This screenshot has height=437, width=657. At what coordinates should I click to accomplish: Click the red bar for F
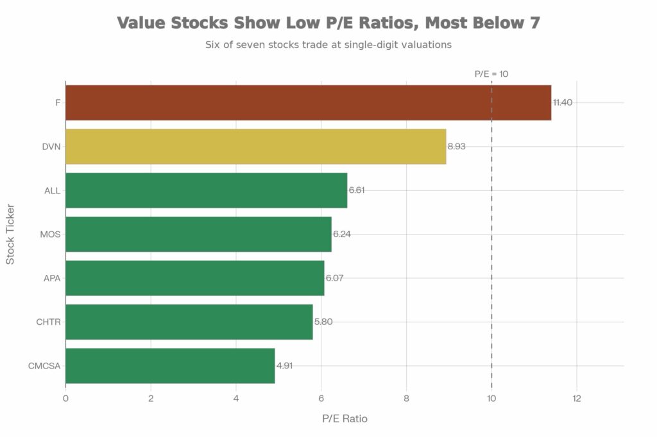point(308,103)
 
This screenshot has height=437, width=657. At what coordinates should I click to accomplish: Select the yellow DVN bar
point(255,146)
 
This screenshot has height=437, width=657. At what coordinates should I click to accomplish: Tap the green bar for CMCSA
point(170,366)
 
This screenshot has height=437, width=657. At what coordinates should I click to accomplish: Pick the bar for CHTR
point(189,322)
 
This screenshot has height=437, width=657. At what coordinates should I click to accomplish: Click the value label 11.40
point(563,103)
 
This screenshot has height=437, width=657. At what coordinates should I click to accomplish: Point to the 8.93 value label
point(457,146)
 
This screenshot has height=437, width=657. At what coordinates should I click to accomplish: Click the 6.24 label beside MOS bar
point(342,234)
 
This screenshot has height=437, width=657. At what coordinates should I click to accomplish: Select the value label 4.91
point(285,366)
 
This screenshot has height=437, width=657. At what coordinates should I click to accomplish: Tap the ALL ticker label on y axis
point(53,190)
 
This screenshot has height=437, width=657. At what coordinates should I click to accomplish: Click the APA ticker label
point(52,278)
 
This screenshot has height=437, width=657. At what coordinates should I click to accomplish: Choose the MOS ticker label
point(51,234)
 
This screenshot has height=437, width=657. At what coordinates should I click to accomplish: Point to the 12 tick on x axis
point(576,399)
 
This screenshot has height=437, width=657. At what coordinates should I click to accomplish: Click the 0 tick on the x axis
point(65,399)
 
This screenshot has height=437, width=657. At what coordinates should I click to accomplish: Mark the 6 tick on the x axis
point(321,399)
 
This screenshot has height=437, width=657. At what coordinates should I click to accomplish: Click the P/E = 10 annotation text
point(491,74)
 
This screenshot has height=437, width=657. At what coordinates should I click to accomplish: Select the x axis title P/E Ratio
point(345,418)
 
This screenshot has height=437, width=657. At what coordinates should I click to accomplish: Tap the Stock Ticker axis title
point(10,234)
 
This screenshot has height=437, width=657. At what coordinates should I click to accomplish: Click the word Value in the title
point(141,23)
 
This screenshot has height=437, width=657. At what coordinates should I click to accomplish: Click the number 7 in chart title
point(534,23)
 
